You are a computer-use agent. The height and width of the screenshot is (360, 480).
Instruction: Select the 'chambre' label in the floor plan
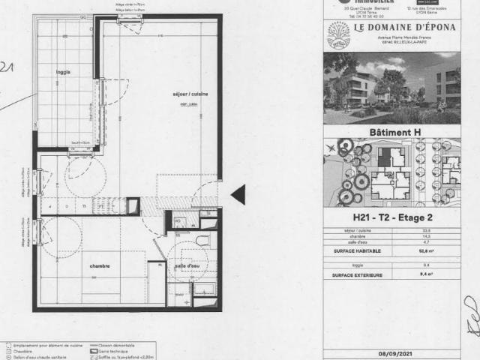click(100, 265)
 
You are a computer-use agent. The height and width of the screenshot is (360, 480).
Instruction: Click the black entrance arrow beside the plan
click(238, 195)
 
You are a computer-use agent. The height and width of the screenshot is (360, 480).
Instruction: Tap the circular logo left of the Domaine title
click(338, 34)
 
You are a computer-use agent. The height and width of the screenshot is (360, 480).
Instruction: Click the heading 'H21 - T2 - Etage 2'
click(401, 218)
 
